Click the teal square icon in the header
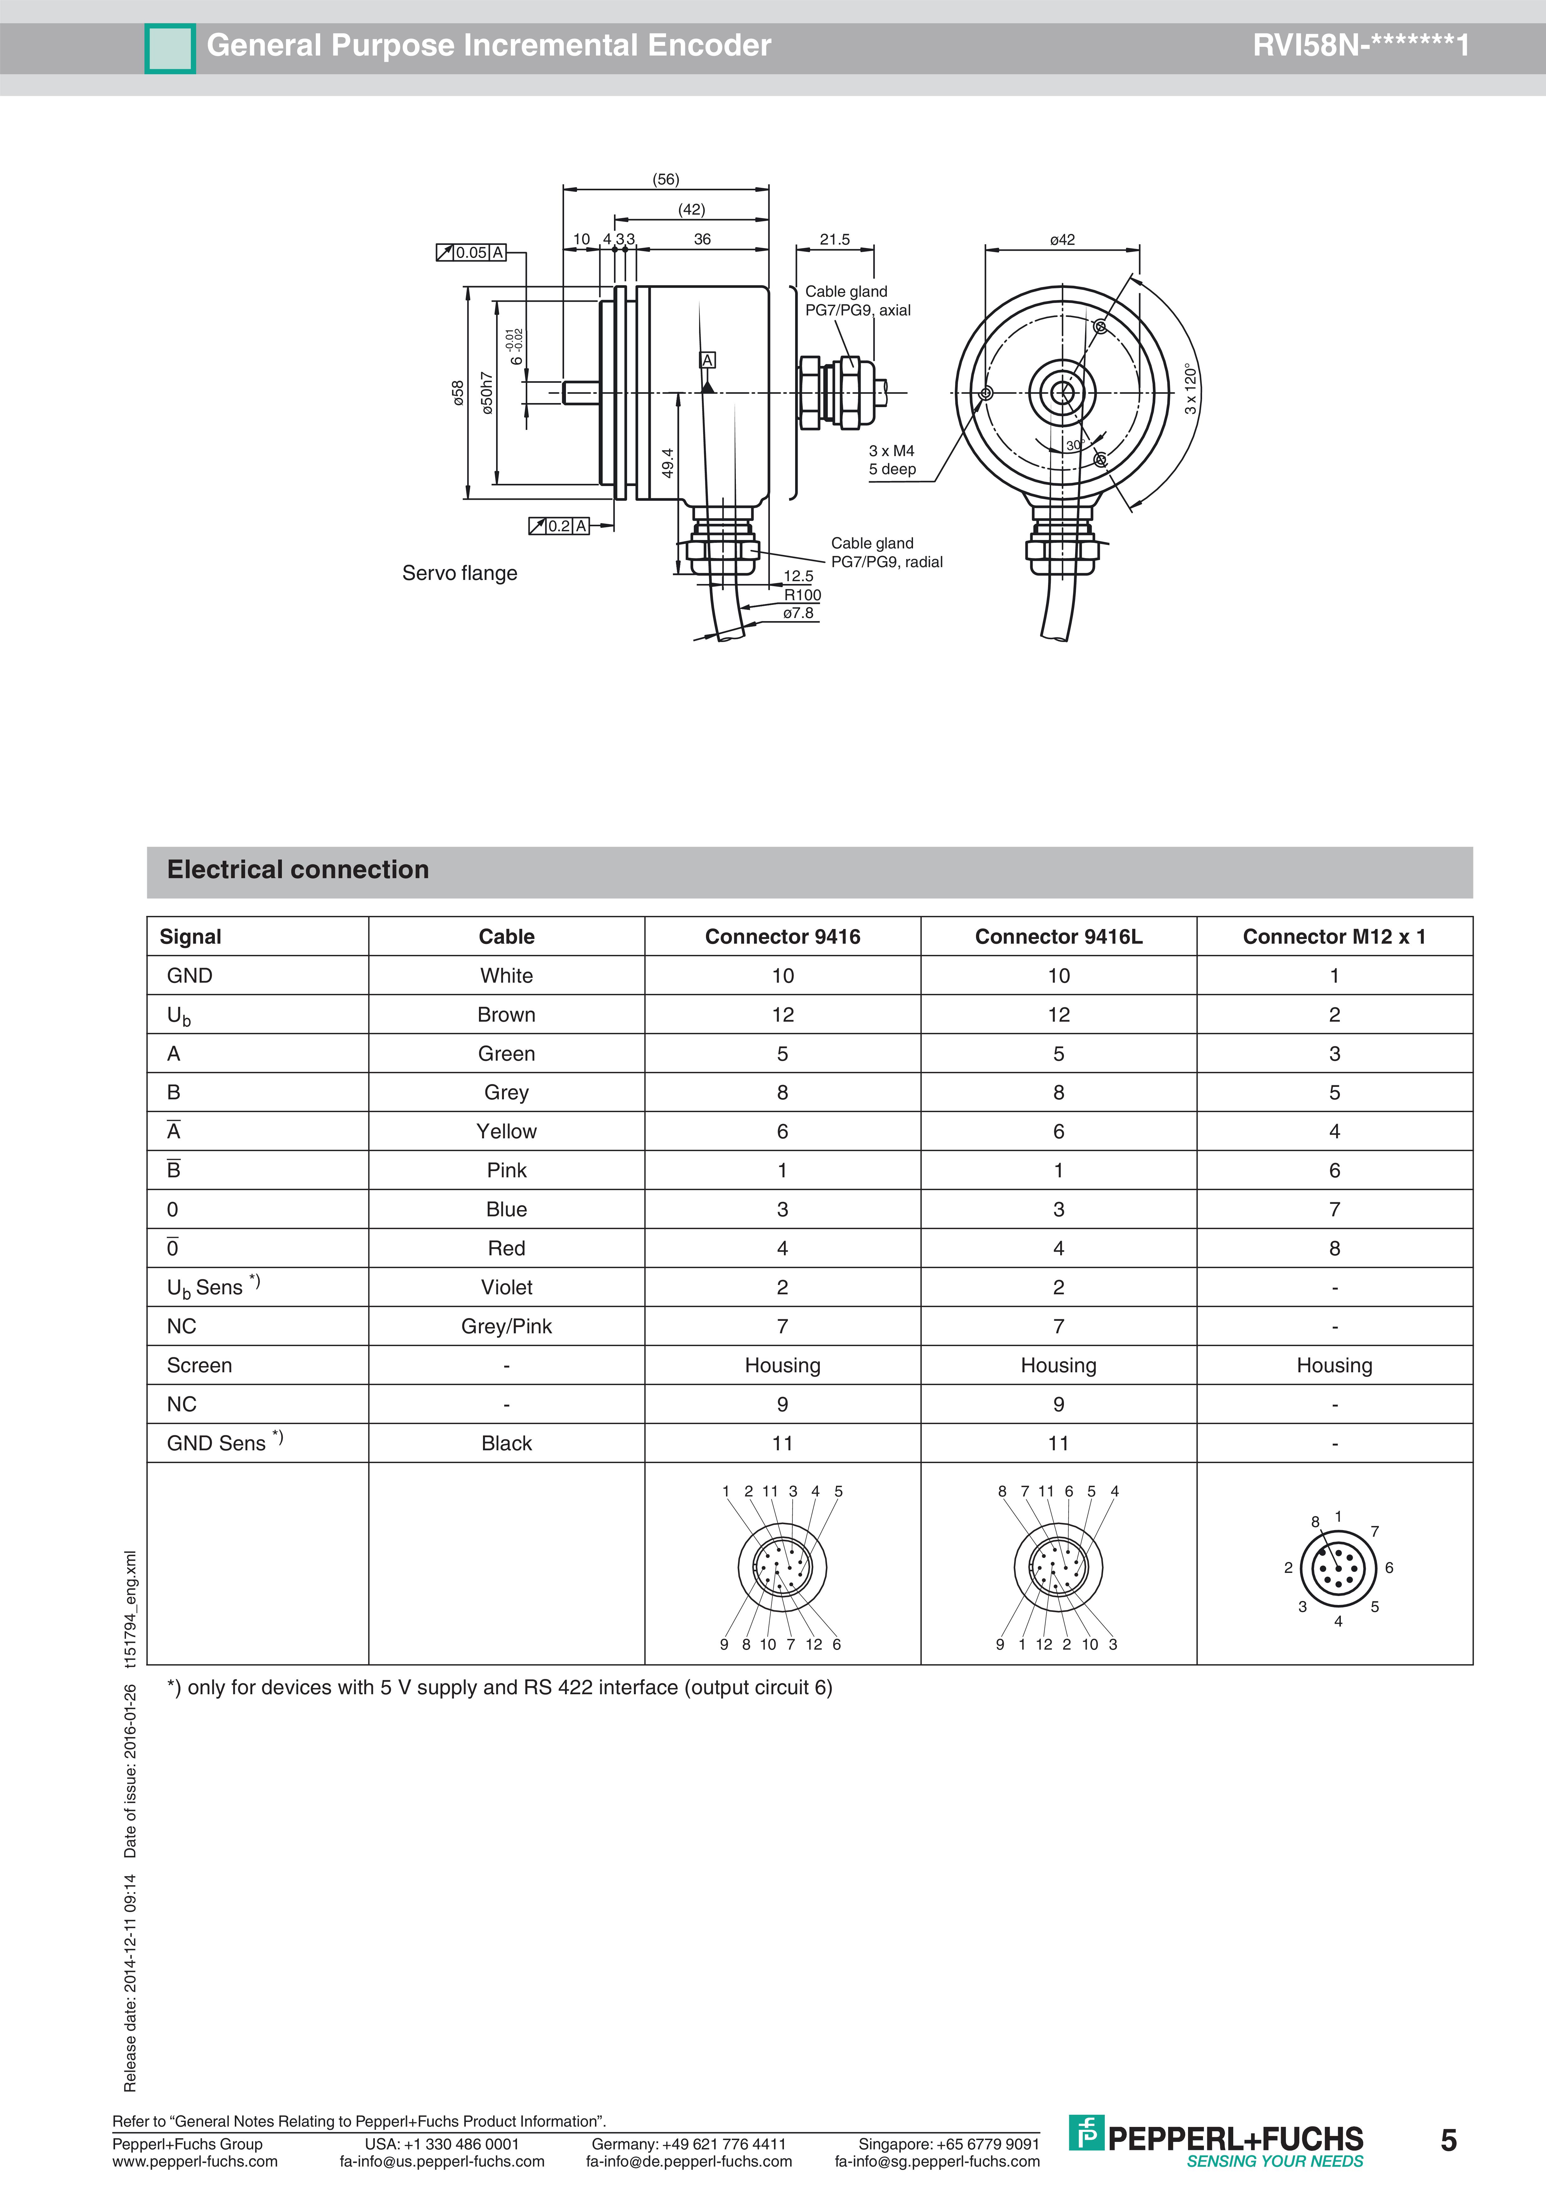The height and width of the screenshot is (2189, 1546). (170, 48)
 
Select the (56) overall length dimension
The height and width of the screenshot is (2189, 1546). (665, 179)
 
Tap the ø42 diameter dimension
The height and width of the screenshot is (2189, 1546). (1062, 239)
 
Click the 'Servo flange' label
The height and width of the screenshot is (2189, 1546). (459, 573)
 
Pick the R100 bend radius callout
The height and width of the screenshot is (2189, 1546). (802, 595)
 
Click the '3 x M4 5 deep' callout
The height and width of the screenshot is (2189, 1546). (892, 460)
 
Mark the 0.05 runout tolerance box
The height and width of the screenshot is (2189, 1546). (471, 253)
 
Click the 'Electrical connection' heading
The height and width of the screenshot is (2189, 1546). (297, 869)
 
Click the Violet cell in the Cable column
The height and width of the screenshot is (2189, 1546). (506, 1287)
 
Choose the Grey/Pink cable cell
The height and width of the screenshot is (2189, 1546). (506, 1326)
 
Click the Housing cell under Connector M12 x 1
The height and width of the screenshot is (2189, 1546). (1333, 1365)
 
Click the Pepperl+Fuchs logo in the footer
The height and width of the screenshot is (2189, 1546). (1216, 2138)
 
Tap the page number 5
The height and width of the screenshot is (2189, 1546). (1448, 2140)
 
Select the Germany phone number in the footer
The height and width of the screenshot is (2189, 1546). (688, 2144)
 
